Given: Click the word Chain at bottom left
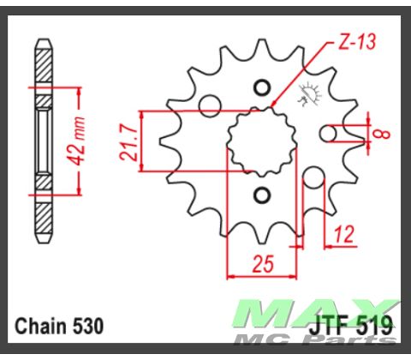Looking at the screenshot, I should [42, 326].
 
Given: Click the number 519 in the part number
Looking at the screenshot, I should [375, 327].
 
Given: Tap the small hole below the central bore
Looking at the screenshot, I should [262, 196].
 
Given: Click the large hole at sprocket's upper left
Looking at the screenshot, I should [208, 105].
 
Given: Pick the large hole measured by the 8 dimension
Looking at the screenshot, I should [327, 134].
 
